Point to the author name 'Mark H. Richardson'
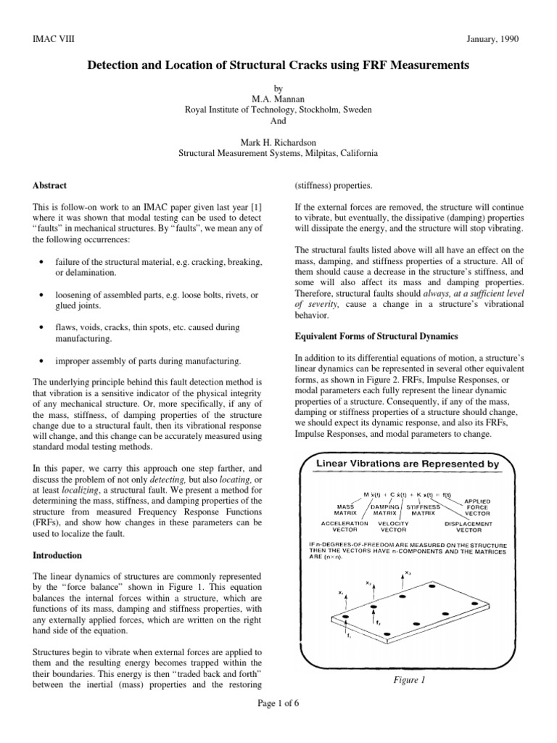point(278,142)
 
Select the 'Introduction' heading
point(57,555)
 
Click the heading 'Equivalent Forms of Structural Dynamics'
point(375,336)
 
